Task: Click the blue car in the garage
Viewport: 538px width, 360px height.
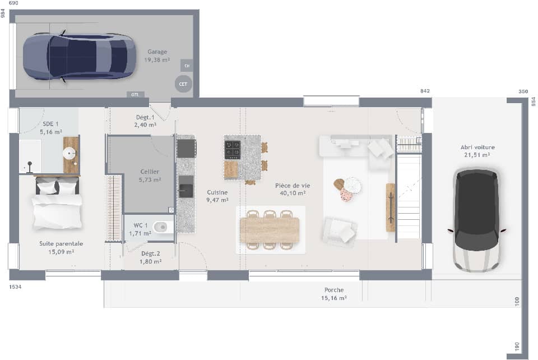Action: pos(79,57)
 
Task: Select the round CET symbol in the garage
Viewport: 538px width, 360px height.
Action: pos(183,84)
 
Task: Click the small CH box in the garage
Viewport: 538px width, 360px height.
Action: pos(187,66)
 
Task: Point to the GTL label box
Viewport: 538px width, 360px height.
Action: pos(135,95)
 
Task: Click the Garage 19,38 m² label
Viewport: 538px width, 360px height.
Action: pos(157,56)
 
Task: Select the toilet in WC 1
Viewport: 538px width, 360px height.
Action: pos(160,227)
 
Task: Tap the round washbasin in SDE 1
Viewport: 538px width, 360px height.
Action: pos(71,152)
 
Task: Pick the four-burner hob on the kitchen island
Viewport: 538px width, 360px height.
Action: pos(233,150)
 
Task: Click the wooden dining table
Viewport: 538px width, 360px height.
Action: pos(270,230)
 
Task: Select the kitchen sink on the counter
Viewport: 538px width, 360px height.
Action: pos(185,187)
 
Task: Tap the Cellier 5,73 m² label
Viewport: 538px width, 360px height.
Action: pos(150,176)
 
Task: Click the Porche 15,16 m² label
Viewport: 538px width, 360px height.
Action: pos(334,294)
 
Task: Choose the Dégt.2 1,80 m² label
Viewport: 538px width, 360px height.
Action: pos(150,257)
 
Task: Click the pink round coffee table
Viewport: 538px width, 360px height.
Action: pos(346,195)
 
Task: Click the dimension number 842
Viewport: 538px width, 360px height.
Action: pos(425,91)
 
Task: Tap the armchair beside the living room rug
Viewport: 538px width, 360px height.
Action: pos(340,231)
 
